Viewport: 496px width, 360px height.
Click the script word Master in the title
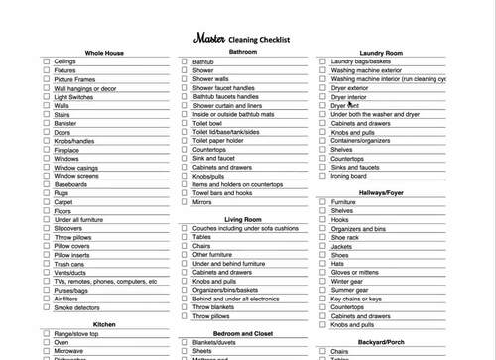208,38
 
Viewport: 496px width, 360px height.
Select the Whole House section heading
104,52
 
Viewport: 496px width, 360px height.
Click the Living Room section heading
242,219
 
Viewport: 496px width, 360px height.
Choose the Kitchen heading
104,324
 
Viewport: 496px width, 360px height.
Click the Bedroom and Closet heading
242,333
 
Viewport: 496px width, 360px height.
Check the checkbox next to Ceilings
46,61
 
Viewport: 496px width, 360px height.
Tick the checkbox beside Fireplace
46,150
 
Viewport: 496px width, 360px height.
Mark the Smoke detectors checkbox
46,308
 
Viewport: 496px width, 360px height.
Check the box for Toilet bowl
185,124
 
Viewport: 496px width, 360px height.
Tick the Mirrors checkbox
185,202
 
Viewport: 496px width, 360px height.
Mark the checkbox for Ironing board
323,176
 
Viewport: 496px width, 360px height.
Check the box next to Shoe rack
323,237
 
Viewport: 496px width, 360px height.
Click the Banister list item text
66,123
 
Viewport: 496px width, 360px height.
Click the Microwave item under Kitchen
69,351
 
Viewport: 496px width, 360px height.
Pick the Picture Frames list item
74,79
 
